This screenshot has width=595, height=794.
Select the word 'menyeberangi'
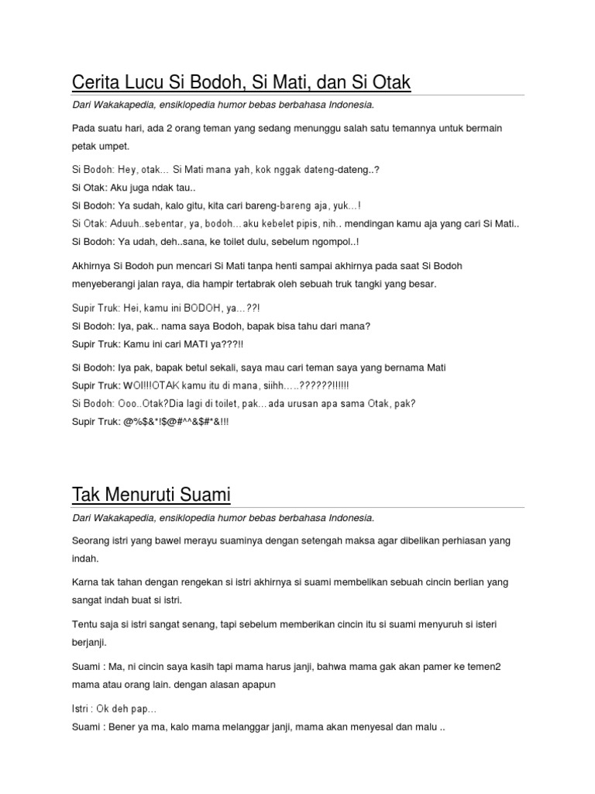(104, 284)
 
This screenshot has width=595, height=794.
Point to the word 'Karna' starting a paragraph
(86, 582)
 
